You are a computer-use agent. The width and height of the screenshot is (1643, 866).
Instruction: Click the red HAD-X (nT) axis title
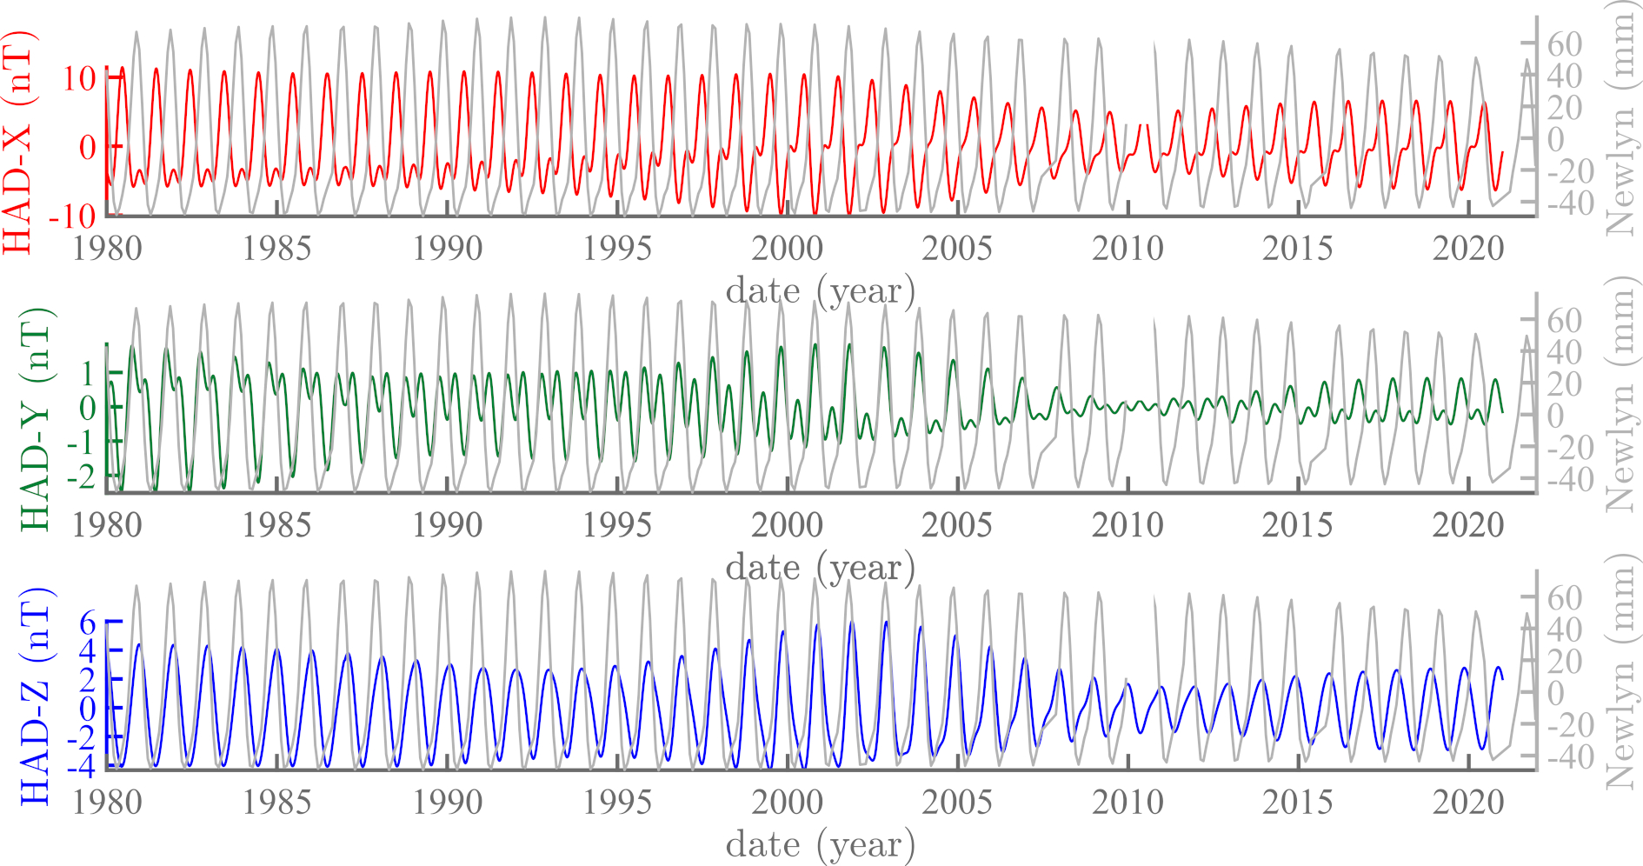pos(19,141)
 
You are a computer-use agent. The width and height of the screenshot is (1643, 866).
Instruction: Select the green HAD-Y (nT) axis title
pos(35,418)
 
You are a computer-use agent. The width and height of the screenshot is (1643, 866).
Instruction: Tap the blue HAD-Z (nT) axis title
pos(35,695)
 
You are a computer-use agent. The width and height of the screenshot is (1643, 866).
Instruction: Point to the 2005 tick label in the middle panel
pos(956,525)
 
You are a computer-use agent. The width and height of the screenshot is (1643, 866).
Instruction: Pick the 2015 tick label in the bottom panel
pos(1296,802)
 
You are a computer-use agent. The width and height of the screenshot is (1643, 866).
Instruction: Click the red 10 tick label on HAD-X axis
pos(79,79)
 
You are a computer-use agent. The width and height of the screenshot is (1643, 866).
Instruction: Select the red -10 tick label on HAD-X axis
pos(73,216)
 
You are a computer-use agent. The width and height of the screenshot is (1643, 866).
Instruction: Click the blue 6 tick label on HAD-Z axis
pos(88,623)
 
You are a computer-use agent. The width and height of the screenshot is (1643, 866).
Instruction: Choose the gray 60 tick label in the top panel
pos(1565,44)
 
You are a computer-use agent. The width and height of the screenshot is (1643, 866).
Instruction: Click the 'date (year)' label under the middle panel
pos(821,568)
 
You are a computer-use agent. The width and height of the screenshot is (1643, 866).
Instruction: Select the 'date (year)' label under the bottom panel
pos(821,844)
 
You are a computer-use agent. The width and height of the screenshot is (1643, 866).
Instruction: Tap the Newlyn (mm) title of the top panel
pos(1620,118)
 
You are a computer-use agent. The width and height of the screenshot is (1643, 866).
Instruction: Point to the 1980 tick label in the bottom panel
pos(107,802)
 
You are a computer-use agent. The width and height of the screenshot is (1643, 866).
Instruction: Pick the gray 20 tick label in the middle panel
pos(1565,383)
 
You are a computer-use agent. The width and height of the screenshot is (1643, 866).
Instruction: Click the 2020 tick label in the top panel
pos(1467,249)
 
